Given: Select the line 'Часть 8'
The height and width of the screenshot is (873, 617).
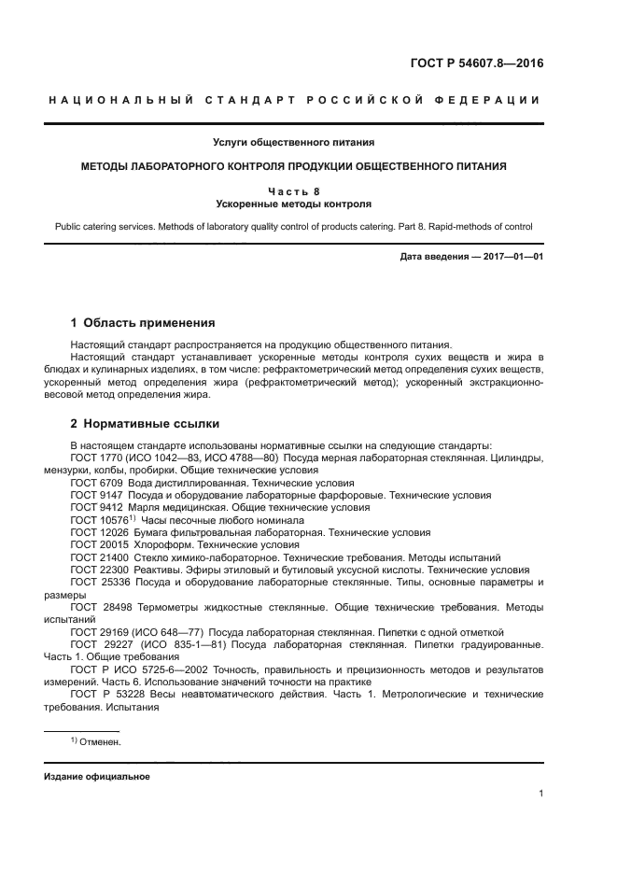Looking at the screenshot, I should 307,190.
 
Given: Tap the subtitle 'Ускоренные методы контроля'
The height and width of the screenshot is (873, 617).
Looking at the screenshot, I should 307,203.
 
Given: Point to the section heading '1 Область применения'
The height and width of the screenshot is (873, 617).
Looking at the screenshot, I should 143,323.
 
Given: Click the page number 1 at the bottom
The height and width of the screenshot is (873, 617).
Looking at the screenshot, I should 540,794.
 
